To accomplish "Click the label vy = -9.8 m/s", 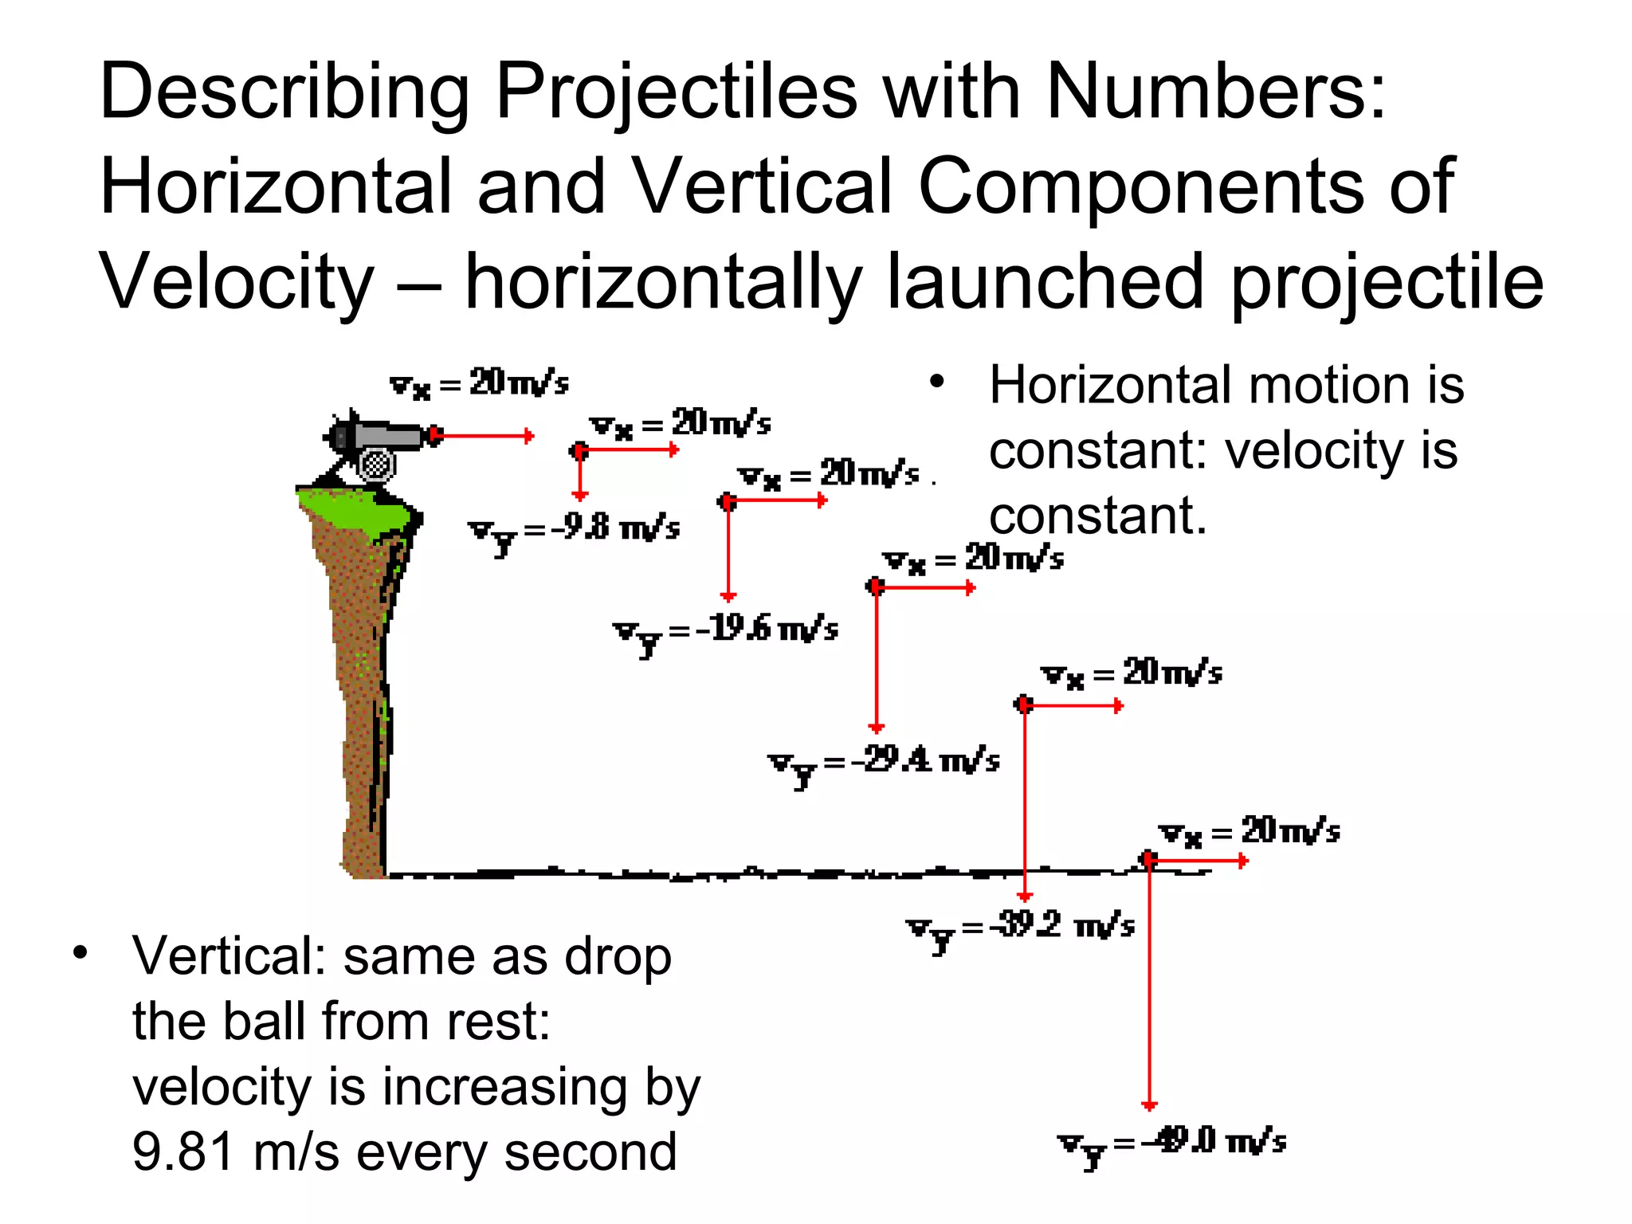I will point(574,531).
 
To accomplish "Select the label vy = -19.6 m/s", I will point(725,632).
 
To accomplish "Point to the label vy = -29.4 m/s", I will point(883,763).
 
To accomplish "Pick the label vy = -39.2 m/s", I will point(1020,928).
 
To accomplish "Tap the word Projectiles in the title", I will point(677,92).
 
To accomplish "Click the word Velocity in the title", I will point(236,283).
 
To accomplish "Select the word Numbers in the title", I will point(1216,92).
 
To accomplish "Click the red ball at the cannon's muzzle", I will point(434,435).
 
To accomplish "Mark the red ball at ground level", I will point(1147,860).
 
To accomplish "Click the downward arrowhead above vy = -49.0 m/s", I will point(1148,1104).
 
